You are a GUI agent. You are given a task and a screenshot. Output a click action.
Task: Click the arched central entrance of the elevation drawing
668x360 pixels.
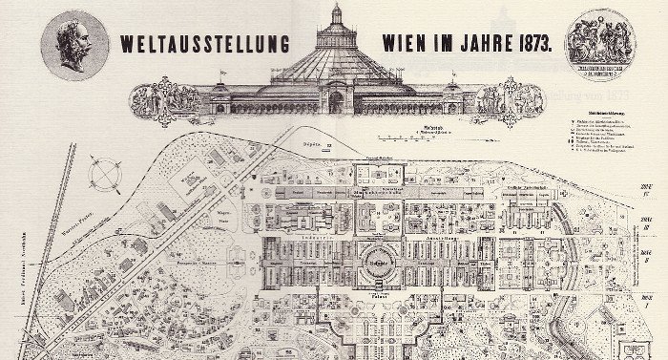tap(336, 100)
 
